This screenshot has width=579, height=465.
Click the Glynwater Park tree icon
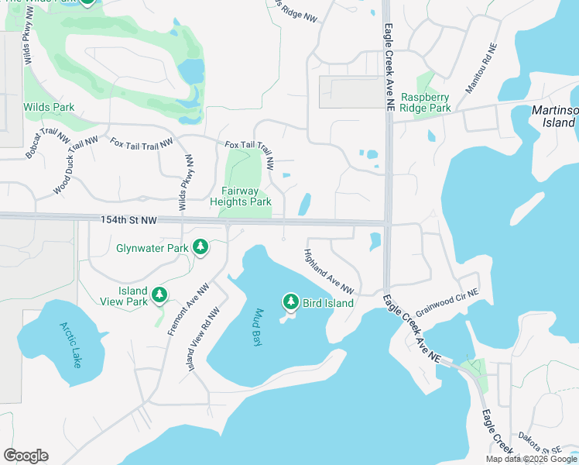(x=201, y=247)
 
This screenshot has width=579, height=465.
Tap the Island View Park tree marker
(x=159, y=294)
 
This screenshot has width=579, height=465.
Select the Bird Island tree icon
(x=291, y=301)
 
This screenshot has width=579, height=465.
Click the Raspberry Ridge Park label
(x=426, y=102)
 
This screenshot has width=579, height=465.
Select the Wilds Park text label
(x=49, y=107)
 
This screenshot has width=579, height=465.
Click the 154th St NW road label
(x=128, y=221)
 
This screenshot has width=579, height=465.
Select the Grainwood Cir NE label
(x=447, y=302)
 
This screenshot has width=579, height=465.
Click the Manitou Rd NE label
(x=479, y=68)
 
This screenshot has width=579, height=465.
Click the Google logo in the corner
(x=26, y=456)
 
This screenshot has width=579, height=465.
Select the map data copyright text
(x=532, y=459)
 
